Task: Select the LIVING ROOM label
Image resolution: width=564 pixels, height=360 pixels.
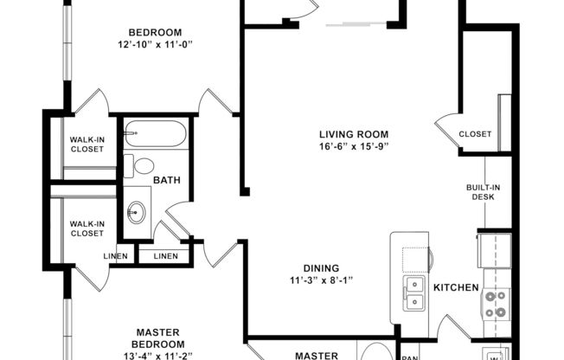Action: [x=353, y=134]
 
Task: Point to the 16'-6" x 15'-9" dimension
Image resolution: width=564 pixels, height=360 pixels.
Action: [x=353, y=146]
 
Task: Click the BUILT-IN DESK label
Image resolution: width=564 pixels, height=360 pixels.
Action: [x=483, y=191]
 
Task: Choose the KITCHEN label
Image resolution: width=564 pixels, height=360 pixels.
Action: [x=456, y=286]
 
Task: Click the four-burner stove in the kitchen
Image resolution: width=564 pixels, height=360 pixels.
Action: [x=496, y=304]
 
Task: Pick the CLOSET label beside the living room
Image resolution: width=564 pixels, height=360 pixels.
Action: [x=475, y=134]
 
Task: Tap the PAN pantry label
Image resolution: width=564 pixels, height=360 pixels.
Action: [x=410, y=355]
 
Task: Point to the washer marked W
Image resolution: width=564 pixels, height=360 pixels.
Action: [x=495, y=354]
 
